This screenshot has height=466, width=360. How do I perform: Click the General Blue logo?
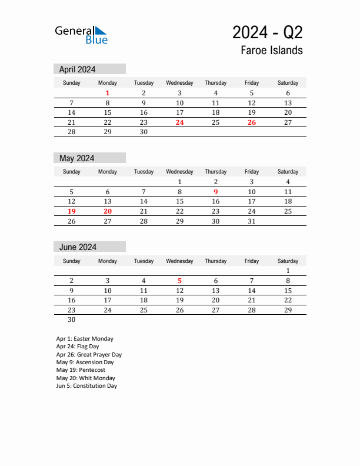pyautogui.click(x=81, y=34)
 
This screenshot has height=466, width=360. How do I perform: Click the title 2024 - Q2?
pyautogui.click(x=267, y=32)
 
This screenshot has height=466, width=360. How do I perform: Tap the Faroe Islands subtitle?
pyautogui.click(x=271, y=50)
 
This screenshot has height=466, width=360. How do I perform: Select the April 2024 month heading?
pyautogui.click(x=77, y=69)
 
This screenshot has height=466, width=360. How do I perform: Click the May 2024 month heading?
pyautogui.click(x=76, y=158)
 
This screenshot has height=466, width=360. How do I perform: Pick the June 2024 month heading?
pyautogui.click(x=78, y=247)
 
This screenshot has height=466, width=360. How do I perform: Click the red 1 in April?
pyautogui.click(x=108, y=93)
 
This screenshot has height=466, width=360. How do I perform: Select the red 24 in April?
pyautogui.click(x=179, y=122)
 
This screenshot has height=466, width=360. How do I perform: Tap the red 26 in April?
pyautogui.click(x=252, y=122)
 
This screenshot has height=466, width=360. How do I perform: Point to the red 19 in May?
pyautogui.click(x=72, y=211)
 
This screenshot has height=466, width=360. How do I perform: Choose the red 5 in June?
pyautogui.click(x=179, y=281)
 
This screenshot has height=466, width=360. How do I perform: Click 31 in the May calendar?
pyautogui.click(x=252, y=221)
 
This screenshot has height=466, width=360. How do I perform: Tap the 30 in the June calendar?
pyautogui.click(x=72, y=320)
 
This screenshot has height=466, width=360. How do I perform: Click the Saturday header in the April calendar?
pyautogui.click(x=288, y=83)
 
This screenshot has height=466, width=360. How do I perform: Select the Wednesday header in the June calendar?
pyautogui.click(x=179, y=261)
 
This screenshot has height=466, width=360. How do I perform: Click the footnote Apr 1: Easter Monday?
pyautogui.click(x=85, y=339)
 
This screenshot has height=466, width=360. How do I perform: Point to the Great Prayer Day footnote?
pyautogui.click(x=89, y=355)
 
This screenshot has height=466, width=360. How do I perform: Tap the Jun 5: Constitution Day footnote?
pyautogui.click(x=86, y=386)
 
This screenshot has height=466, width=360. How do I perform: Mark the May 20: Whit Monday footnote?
pyautogui.click(x=85, y=378)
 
